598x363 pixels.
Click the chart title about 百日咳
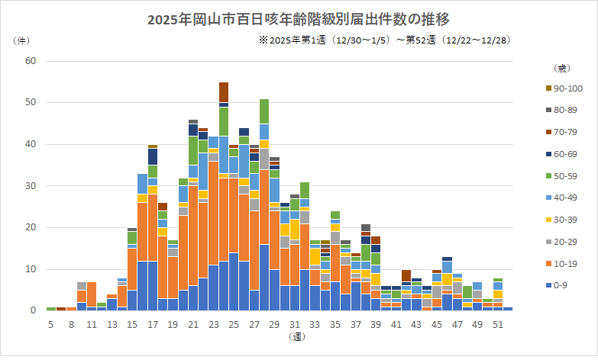coord(299,19)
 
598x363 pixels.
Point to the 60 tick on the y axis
coord(31,60)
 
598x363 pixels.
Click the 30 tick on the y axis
coord(31,185)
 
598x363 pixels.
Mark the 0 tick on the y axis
coord(33,310)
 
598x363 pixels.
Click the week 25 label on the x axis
coord(234,324)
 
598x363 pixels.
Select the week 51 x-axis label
coord(497,324)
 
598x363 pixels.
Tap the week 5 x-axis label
coord(51,324)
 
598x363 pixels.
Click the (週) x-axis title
coord(298,336)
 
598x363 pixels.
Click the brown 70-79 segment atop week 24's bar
coord(224,92)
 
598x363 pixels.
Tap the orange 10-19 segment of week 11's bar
coord(92,294)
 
